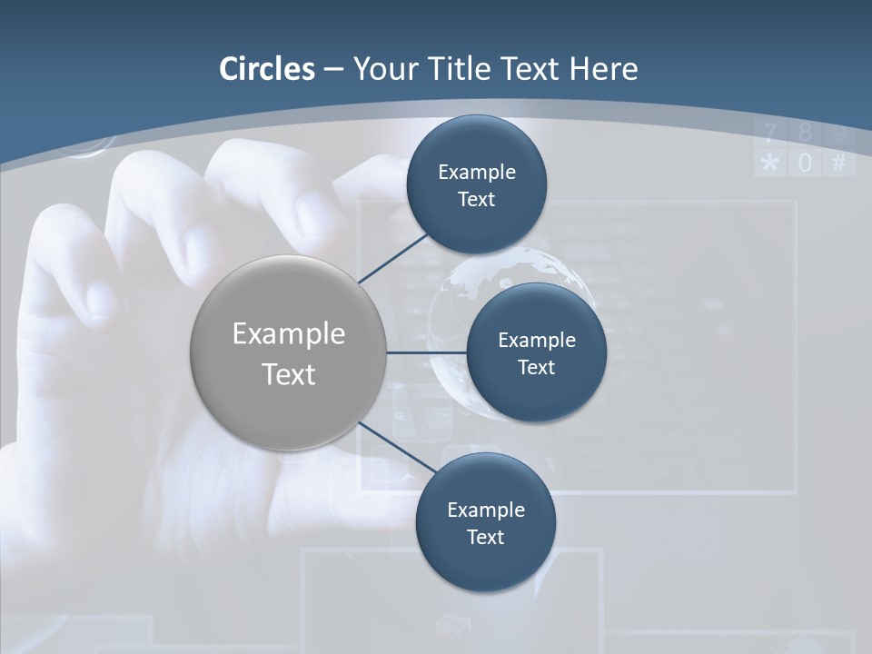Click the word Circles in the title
(267, 69)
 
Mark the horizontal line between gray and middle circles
(426, 352)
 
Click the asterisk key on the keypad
(770, 163)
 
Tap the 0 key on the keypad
(805, 163)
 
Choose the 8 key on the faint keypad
(805, 134)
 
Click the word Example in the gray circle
(288, 333)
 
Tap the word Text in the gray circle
(288, 374)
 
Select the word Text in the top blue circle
(476, 199)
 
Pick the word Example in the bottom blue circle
(485, 510)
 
